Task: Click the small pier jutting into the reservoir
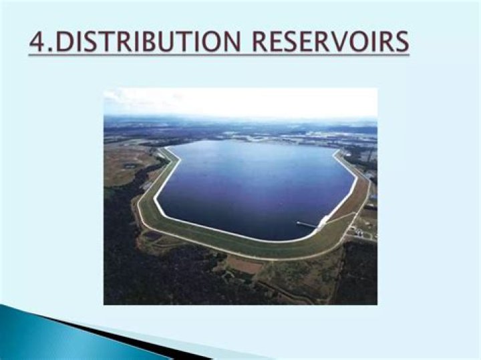307,224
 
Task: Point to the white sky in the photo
240,102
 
